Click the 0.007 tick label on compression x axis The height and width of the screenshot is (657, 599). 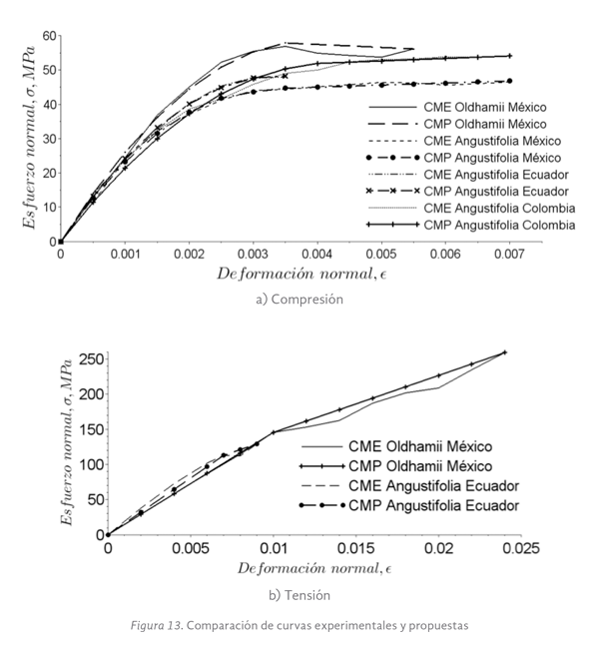pyautogui.click(x=510, y=255)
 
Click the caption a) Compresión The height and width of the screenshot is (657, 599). pyautogui.click(x=299, y=297)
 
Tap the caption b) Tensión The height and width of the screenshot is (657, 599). pyautogui.click(x=299, y=595)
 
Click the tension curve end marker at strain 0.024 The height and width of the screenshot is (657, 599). pyautogui.click(x=504, y=352)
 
